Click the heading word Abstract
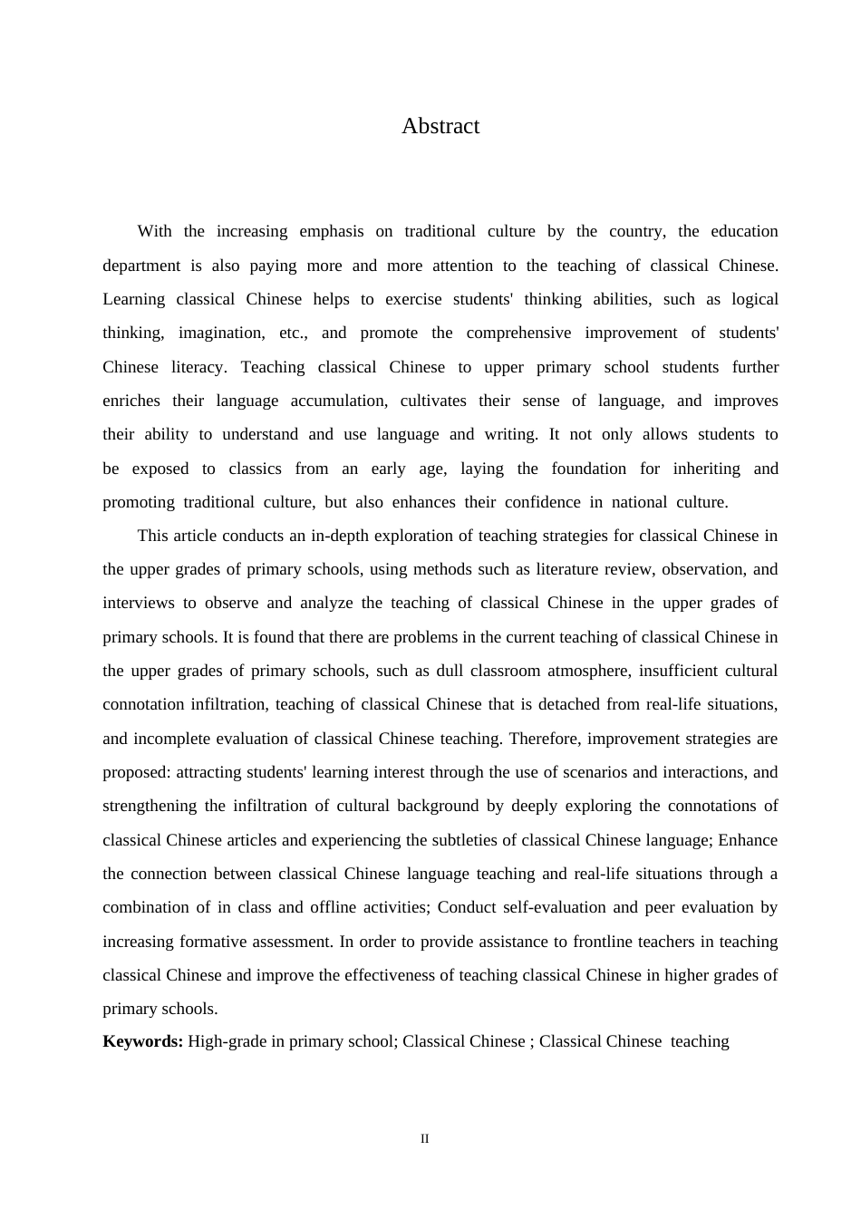[x=440, y=126]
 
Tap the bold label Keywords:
[x=143, y=1041]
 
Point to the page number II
[x=424, y=1139]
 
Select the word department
[x=140, y=266]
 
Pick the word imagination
[x=221, y=333]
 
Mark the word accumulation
[x=338, y=401]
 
